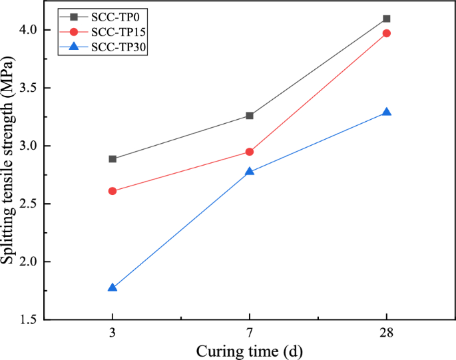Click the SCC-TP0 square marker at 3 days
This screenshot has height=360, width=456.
[x=113, y=159]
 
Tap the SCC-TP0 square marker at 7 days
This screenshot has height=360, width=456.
[x=250, y=116]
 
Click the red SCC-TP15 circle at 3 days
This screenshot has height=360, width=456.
[x=113, y=191]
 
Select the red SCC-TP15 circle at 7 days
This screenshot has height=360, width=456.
[x=250, y=152]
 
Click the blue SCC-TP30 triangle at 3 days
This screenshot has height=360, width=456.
[x=113, y=287]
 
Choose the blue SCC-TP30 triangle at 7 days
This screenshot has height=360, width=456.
[x=250, y=172]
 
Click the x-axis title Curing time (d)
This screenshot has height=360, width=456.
[x=250, y=350]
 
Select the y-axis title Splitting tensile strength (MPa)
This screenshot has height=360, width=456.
[x=9, y=175]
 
